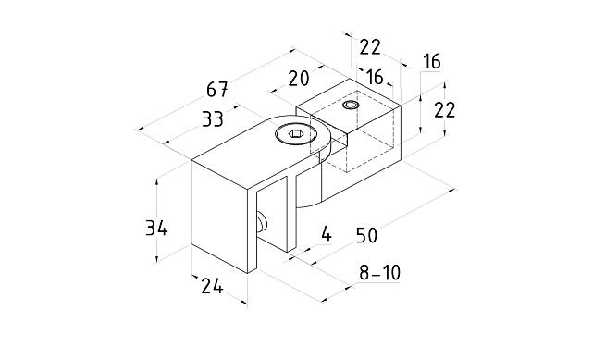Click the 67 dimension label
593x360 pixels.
click(x=217, y=90)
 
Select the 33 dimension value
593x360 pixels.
click(x=213, y=119)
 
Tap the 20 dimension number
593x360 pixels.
click(x=299, y=79)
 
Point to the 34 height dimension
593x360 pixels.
click(x=156, y=229)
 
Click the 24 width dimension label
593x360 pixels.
click(x=212, y=286)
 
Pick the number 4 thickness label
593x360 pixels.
click(x=326, y=234)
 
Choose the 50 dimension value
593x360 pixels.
click(x=367, y=236)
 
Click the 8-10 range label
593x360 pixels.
click(x=379, y=273)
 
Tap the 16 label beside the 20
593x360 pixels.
click(x=376, y=77)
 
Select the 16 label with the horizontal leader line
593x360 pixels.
click(x=431, y=62)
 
